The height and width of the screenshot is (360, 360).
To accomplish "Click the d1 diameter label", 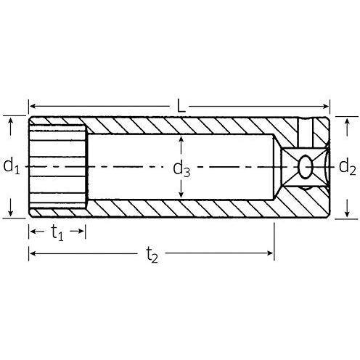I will [11, 167].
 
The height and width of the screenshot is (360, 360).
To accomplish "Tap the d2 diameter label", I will [348, 168].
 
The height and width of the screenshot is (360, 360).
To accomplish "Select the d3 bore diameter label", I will [181, 169].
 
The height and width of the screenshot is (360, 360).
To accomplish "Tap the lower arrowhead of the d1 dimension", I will [11, 213].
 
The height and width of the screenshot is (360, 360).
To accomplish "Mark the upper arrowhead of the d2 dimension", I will [348, 121].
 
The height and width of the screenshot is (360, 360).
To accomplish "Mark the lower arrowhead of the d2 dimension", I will [348, 213].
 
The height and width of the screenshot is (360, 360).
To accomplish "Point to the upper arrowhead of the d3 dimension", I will [181, 139].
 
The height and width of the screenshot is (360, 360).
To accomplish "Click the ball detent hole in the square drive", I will [306, 168].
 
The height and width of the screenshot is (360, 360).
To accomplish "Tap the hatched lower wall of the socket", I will [181, 209].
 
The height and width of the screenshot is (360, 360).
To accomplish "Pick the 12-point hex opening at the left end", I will [57, 168].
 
